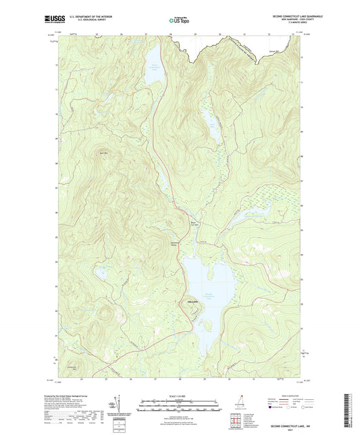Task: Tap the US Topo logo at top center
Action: pyautogui.click(x=179, y=21)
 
